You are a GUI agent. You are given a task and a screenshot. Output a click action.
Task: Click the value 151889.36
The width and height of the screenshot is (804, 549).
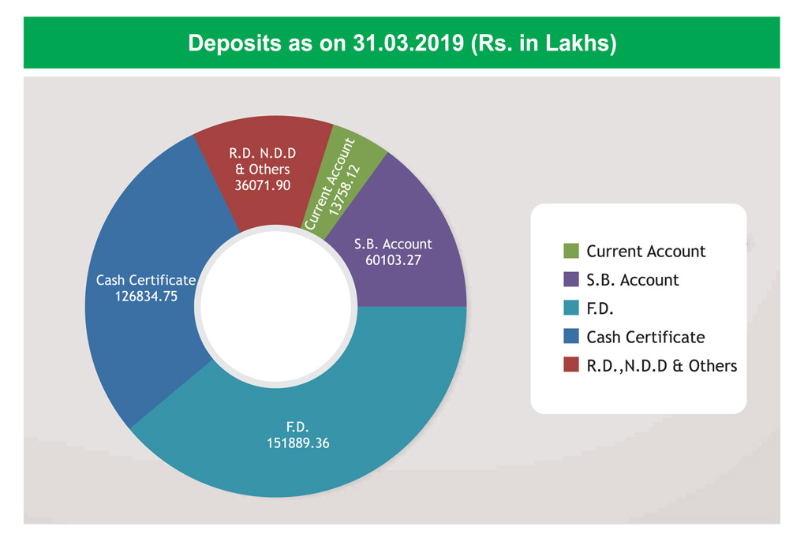pos(297,443)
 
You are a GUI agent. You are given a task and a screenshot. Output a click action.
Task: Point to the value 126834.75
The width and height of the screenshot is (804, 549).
pos(146,296)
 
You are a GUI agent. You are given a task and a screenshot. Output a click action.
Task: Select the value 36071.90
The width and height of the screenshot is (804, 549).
pos(263,185)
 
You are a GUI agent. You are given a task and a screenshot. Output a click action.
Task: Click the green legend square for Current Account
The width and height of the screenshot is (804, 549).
pos(571,252)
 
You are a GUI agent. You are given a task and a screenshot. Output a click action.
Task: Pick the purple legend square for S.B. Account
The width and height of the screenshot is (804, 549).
pos(571,280)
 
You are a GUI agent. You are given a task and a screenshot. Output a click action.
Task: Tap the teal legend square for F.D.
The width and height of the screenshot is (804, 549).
pos(571,308)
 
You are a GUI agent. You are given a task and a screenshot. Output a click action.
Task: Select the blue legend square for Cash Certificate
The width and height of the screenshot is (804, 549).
pos(571,337)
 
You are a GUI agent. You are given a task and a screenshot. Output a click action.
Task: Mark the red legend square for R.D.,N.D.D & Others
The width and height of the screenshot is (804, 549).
pos(571,365)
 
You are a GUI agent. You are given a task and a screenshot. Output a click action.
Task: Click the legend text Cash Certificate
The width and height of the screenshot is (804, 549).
pos(645,337)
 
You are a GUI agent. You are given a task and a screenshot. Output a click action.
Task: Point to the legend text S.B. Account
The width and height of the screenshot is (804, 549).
pos(633,280)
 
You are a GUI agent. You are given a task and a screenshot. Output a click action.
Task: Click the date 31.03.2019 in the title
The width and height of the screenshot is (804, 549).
pos(403,43)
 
